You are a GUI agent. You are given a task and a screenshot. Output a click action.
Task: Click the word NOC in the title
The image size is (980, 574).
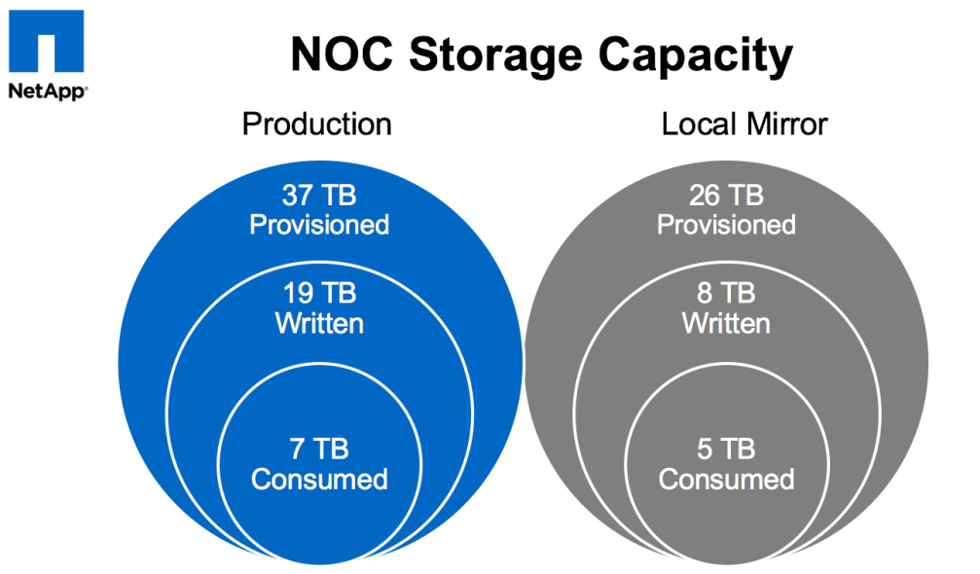click(341, 55)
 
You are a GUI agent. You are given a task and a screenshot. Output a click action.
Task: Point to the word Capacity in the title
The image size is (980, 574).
click(696, 57)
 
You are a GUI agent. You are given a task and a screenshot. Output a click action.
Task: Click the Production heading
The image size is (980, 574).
click(317, 125)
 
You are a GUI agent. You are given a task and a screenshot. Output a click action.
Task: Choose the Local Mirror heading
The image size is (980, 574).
click(744, 125)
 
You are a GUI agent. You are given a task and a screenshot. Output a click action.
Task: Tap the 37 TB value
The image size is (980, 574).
click(319, 196)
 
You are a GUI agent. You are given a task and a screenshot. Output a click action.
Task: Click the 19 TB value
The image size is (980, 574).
click(319, 293)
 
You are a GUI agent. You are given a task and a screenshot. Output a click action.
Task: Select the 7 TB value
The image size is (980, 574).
click(319, 449)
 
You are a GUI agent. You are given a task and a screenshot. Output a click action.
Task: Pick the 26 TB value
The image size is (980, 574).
click(726, 196)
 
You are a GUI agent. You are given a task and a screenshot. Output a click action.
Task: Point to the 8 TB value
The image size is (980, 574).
click(726, 293)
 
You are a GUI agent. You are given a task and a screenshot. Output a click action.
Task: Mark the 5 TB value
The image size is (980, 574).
click(726, 449)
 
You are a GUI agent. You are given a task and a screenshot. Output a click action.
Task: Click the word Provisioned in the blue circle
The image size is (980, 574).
click(319, 225)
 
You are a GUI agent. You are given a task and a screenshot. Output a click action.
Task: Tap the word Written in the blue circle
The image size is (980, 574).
click(319, 323)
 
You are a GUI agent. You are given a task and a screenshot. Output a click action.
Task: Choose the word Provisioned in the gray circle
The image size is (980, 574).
click(726, 225)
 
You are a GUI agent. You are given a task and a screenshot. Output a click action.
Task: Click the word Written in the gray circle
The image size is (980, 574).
click(726, 323)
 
